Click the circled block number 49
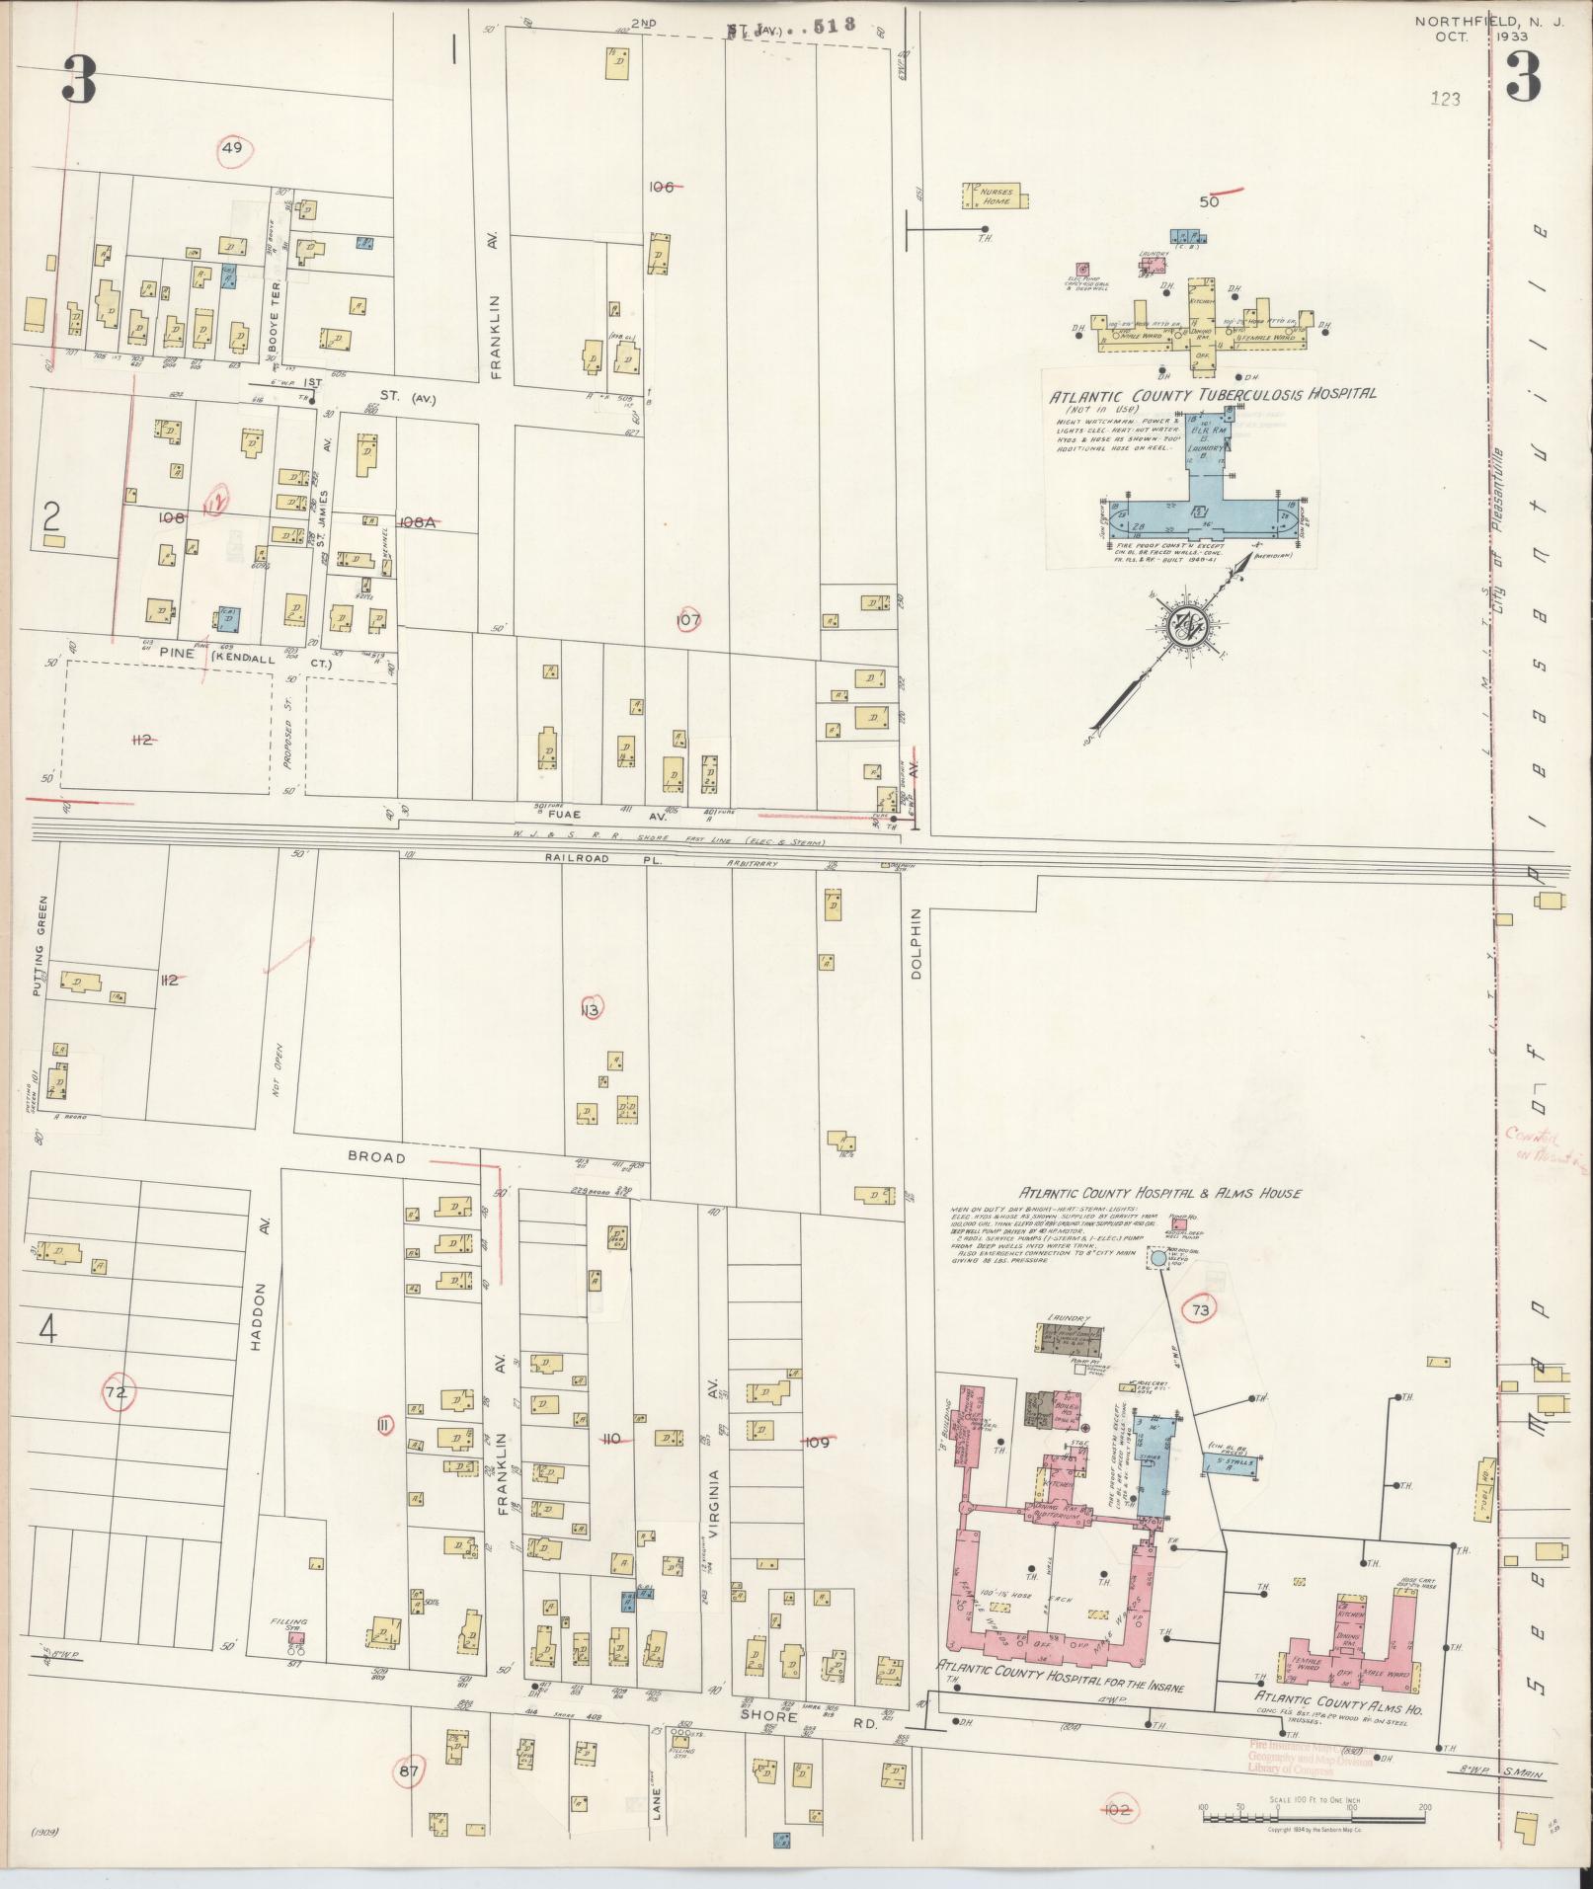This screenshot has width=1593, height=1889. [x=233, y=149]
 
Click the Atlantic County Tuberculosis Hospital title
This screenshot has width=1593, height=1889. [x=1213, y=393]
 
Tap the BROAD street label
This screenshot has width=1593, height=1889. [x=376, y=1156]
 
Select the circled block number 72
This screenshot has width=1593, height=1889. [x=117, y=1392]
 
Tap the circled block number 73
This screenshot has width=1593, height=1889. [x=1200, y=1310]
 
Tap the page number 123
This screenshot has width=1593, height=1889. [x=1444, y=99]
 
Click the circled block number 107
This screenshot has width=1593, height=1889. [x=688, y=620]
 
